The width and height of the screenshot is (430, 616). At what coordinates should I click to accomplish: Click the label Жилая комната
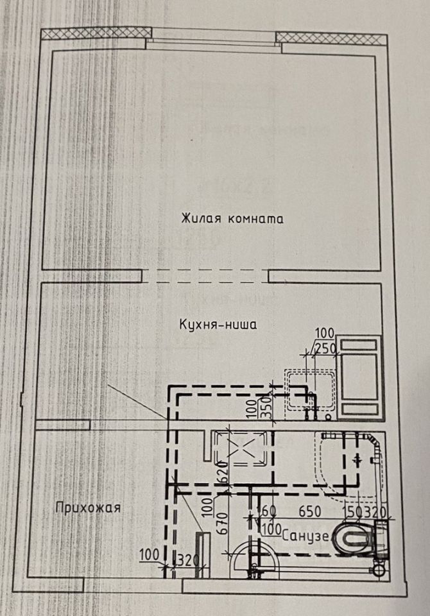(x=232, y=219)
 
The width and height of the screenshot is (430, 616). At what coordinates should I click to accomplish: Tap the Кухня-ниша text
(x=218, y=325)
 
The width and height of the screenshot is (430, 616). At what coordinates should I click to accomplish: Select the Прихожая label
(x=88, y=508)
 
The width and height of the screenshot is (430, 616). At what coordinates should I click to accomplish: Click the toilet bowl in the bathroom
(x=353, y=538)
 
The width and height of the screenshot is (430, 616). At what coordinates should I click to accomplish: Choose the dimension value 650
(x=310, y=512)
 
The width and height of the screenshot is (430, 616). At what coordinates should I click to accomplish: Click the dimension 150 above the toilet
(x=352, y=512)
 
